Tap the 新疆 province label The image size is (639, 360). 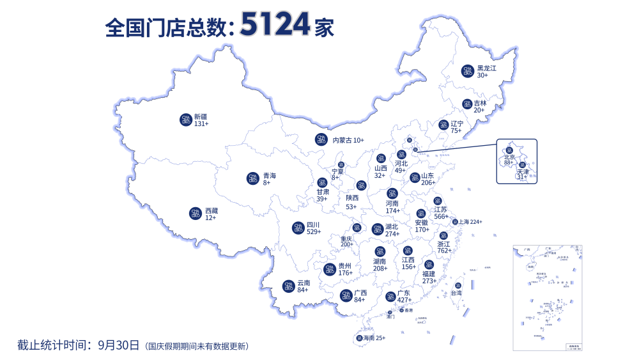pyautogui.click(x=201, y=116)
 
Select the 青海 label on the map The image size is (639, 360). pyautogui.click(x=270, y=175)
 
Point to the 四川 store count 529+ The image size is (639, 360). pyautogui.click(x=313, y=232)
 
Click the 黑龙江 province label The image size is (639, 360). pyautogui.click(x=486, y=68)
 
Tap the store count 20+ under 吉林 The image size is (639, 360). pyautogui.click(x=479, y=110)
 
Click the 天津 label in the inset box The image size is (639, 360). pyautogui.click(x=523, y=172)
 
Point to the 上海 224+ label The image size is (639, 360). pyautogui.click(x=470, y=222)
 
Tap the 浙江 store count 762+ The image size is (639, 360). pyautogui.click(x=444, y=251)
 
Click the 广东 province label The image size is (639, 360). pyautogui.click(x=404, y=293)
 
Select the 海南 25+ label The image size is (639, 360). pyautogui.click(x=374, y=338)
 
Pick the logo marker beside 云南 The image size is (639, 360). pyautogui.click(x=288, y=286)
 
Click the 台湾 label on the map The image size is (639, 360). pyautogui.click(x=456, y=293)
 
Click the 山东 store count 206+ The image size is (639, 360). pyautogui.click(x=428, y=183)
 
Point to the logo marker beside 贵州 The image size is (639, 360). pyautogui.click(x=329, y=269)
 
